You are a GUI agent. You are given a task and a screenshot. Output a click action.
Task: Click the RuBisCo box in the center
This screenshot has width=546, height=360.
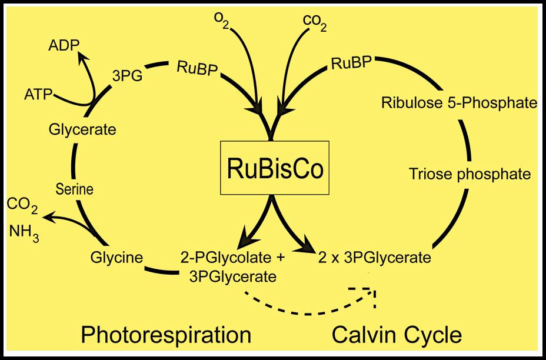(274, 168)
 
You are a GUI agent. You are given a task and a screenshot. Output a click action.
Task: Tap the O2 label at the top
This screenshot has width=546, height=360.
(222, 22)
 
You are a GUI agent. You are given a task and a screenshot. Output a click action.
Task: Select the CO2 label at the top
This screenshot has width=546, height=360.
(315, 22)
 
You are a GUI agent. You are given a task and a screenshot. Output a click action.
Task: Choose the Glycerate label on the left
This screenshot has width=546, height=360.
(82, 129)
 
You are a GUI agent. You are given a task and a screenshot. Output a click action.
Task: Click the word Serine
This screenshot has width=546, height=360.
(75, 189)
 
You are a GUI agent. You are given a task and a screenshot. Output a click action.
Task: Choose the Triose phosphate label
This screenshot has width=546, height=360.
(470, 174)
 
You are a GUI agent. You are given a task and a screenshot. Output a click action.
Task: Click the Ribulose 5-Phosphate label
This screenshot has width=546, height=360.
(459, 104)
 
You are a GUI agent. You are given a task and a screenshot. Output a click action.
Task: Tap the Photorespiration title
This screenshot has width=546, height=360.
(166, 335)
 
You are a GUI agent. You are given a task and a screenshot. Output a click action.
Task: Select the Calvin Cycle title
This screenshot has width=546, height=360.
(397, 335)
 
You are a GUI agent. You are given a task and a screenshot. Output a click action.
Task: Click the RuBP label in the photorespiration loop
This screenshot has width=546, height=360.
(197, 68)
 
